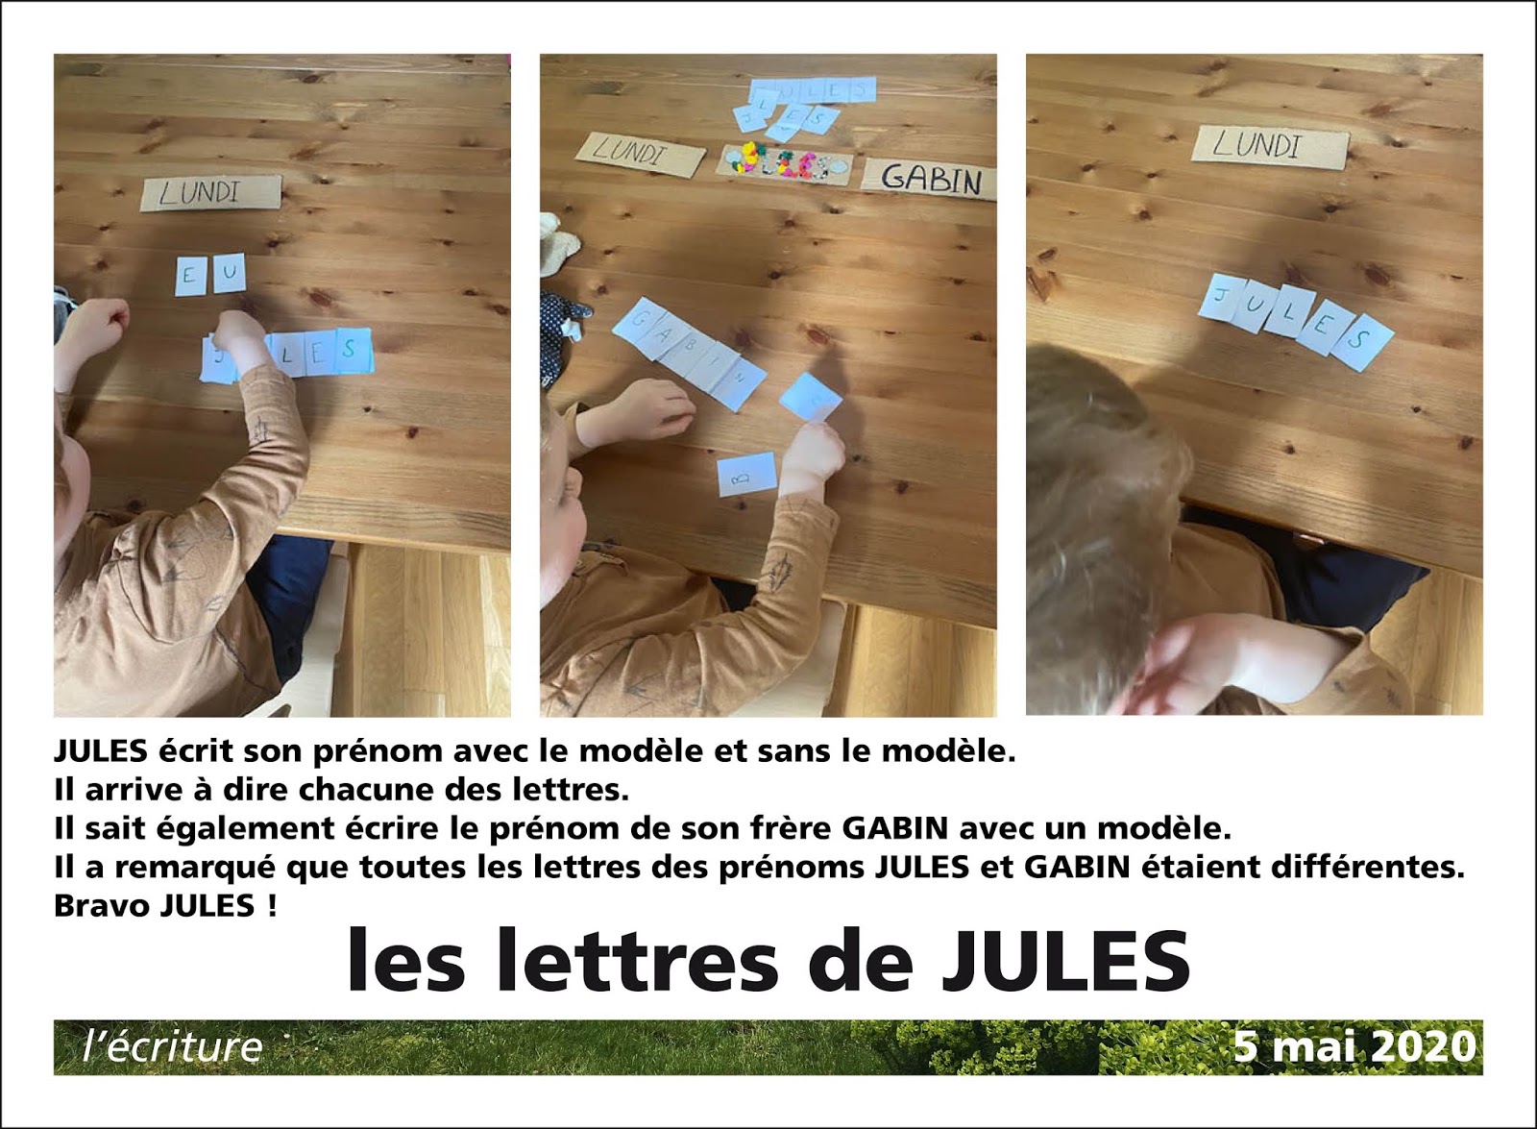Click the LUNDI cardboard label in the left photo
tap(211, 192)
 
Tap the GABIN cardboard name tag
tap(928, 180)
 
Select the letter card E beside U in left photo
tap(189, 276)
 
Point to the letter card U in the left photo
tap(229, 274)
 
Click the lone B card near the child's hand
tap(746, 474)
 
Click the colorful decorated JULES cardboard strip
tap(784, 163)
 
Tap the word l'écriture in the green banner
tap(173, 1046)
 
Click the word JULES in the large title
tap(1065, 961)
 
